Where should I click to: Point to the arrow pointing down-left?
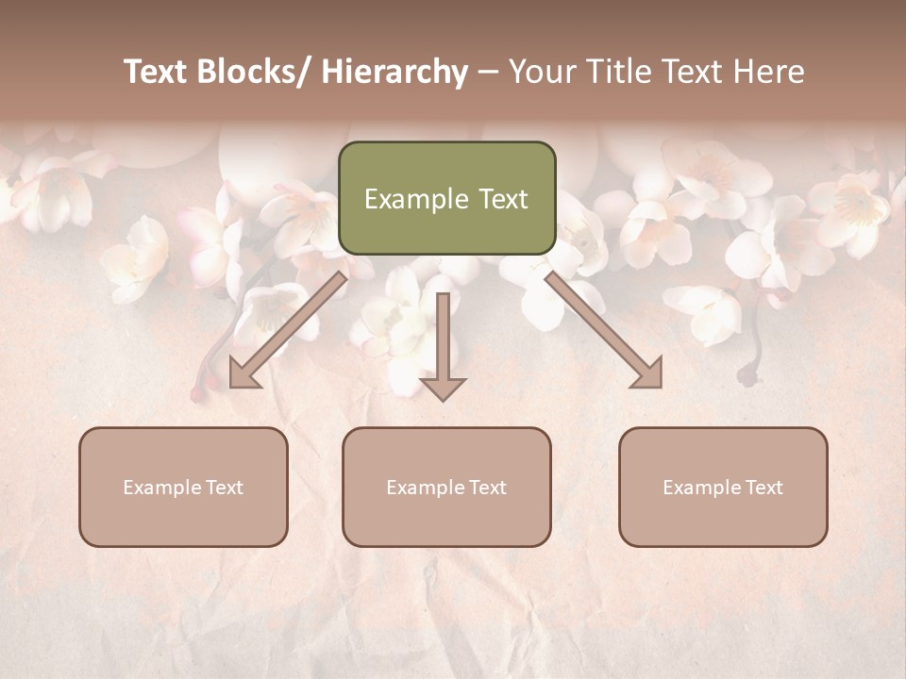click(282, 330)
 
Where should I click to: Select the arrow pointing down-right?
click(604, 330)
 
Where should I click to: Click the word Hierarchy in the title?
click(394, 72)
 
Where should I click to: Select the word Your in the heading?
click(543, 72)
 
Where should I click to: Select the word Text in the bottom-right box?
click(763, 488)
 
